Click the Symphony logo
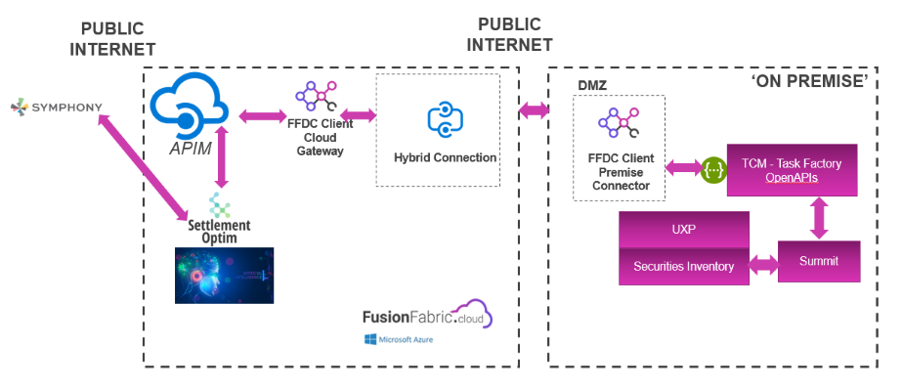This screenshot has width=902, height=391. [55, 105]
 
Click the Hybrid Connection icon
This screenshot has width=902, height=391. [445, 120]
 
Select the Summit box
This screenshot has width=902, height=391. [819, 261]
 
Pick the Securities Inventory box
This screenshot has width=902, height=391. [684, 265]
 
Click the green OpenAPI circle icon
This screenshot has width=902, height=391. [714, 169]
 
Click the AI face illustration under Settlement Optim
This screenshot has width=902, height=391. [224, 275]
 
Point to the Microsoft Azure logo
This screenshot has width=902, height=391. [398, 339]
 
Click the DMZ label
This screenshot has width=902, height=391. [592, 85]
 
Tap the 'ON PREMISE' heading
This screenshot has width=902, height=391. [808, 81]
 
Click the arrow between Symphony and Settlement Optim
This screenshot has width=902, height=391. [144, 164]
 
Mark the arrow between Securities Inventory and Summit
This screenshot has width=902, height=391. [763, 265]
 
